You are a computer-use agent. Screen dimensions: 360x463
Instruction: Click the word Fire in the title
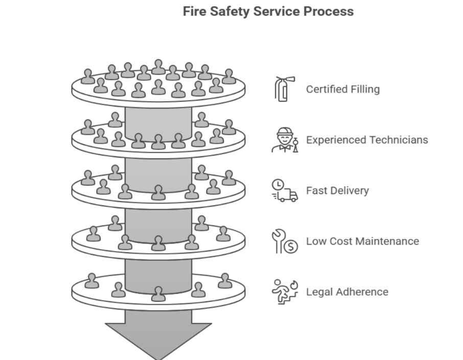tap(195, 11)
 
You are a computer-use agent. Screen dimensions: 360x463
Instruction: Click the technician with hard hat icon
tap(284, 139)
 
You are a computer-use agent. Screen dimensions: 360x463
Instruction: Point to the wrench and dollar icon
tap(284, 241)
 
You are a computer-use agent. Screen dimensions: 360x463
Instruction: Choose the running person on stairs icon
tap(284, 292)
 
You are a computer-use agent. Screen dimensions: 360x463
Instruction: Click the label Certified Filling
tap(342, 89)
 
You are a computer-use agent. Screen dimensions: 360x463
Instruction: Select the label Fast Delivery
tap(337, 190)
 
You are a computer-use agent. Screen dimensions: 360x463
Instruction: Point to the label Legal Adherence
tap(347, 292)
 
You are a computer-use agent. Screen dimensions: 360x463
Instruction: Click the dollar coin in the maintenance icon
tap(291, 247)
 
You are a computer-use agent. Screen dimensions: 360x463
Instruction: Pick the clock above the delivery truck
tap(277, 184)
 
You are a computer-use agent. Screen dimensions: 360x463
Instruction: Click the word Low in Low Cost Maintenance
tap(315, 241)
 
